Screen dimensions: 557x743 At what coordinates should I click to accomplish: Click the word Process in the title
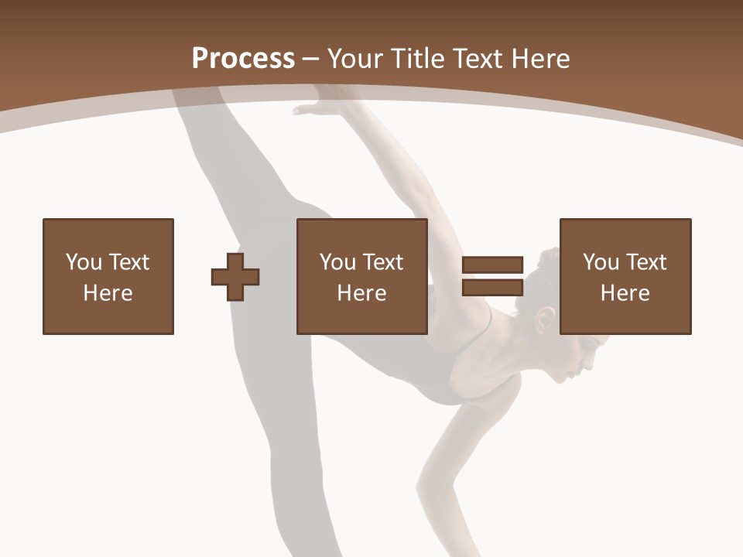coord(243,59)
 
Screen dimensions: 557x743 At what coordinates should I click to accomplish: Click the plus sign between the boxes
coord(235,276)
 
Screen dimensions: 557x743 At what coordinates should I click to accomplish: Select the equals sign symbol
coord(492,276)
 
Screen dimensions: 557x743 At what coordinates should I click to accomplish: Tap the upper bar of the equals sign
coord(492,265)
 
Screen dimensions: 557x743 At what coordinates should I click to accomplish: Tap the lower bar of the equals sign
coord(492,288)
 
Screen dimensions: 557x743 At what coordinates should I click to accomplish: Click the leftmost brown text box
coord(108,276)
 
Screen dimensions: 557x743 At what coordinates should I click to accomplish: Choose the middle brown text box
coord(361,276)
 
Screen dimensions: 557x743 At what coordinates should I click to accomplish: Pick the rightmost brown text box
coord(625,276)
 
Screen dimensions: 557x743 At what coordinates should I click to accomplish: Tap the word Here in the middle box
coord(361,293)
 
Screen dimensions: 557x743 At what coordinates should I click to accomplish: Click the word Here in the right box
coord(625,293)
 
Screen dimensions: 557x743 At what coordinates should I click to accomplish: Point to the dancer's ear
coord(546,318)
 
